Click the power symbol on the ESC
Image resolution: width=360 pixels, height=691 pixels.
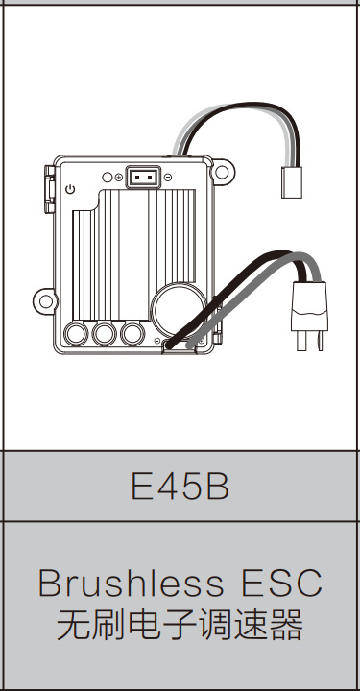pos(70,190)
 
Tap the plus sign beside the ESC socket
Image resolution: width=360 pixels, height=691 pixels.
pos(118,178)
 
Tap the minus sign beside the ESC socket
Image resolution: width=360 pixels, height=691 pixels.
pos(168,178)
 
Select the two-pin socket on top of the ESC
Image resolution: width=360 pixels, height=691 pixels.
pos(144,178)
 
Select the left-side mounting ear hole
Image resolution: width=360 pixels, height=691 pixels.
pos(44,300)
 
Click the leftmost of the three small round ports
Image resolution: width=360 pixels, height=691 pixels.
pos(76,333)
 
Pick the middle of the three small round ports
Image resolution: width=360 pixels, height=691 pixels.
pos(104,333)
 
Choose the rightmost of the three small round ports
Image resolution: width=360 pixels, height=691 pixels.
pos(132,333)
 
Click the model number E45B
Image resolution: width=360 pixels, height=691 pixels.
pos(180,488)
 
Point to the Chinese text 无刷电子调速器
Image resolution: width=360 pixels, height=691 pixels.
pos(180,626)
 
